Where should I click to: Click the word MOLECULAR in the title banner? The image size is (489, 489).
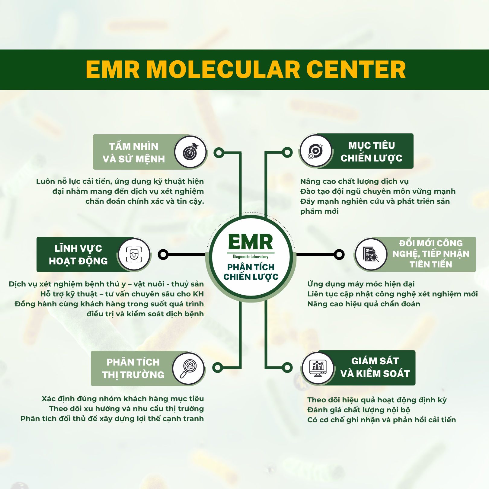tap(223, 69)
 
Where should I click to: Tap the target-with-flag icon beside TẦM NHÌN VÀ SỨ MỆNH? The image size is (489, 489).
tap(190, 152)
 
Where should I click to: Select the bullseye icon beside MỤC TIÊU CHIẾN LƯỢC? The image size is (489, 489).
tap(315, 151)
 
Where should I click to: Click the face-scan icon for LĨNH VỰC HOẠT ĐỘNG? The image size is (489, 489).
tap(134, 254)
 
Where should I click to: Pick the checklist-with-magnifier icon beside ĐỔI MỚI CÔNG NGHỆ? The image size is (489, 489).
tap(371, 254)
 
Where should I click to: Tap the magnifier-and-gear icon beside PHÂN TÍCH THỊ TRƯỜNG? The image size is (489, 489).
tap(188, 369)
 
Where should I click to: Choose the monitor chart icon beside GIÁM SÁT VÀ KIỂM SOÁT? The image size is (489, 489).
tap(318, 368)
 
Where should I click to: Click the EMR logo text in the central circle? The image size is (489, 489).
tap(251, 242)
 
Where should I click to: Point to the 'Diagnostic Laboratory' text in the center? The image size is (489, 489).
tap(251, 257)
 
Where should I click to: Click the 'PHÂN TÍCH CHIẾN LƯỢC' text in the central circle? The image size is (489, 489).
tap(251, 272)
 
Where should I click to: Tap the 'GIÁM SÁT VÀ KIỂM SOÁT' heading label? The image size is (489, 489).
tap(375, 367)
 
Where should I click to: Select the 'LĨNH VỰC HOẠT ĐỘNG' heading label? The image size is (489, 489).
tap(78, 255)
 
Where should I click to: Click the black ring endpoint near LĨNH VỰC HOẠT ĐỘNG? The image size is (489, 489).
tap(163, 254)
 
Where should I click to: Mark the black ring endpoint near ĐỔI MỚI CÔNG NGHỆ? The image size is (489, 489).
tap(339, 254)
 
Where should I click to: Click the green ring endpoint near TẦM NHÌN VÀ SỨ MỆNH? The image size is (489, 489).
tap(219, 153)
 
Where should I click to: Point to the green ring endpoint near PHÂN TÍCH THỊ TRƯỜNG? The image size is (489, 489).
tap(218, 367)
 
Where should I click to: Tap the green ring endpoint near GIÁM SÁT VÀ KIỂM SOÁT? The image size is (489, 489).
tap(287, 367)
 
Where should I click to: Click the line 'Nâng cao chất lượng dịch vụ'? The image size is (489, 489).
tap(354, 181)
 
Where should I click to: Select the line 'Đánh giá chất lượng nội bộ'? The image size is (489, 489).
tap(359, 410)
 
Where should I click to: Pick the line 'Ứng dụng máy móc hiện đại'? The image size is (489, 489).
tap(361, 284)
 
